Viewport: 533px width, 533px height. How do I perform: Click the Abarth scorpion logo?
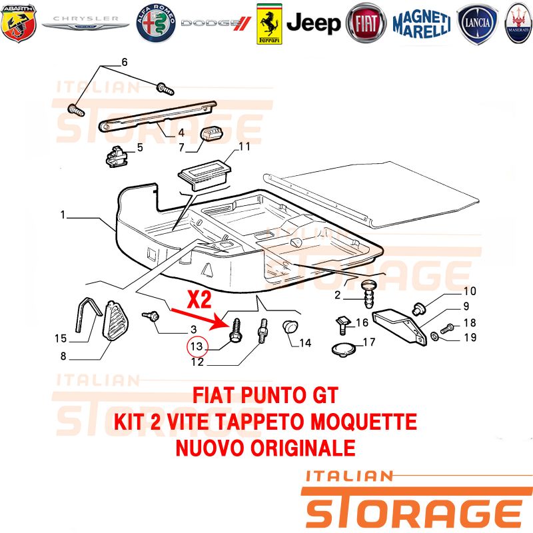tap(19, 23)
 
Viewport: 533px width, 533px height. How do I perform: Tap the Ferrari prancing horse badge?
tap(269, 24)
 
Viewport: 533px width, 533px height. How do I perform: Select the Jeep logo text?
tap(313, 23)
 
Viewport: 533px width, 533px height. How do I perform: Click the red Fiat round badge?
tap(366, 23)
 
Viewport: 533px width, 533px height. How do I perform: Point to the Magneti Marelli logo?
tap(422, 23)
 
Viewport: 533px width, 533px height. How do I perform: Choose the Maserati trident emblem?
tap(518, 23)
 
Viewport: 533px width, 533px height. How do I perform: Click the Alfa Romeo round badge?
tap(156, 23)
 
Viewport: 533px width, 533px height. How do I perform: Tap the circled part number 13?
tap(197, 346)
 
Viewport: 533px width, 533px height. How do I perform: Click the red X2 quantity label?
tap(199, 299)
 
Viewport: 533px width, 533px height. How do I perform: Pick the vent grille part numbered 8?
tap(115, 320)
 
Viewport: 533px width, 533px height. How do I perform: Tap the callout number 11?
tap(244, 147)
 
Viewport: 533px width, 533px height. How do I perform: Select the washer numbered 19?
tap(434, 336)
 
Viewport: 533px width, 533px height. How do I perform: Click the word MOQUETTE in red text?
tap(363, 422)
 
